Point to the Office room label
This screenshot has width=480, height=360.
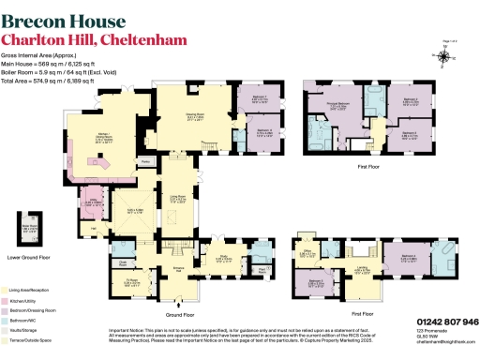click(306, 252)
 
